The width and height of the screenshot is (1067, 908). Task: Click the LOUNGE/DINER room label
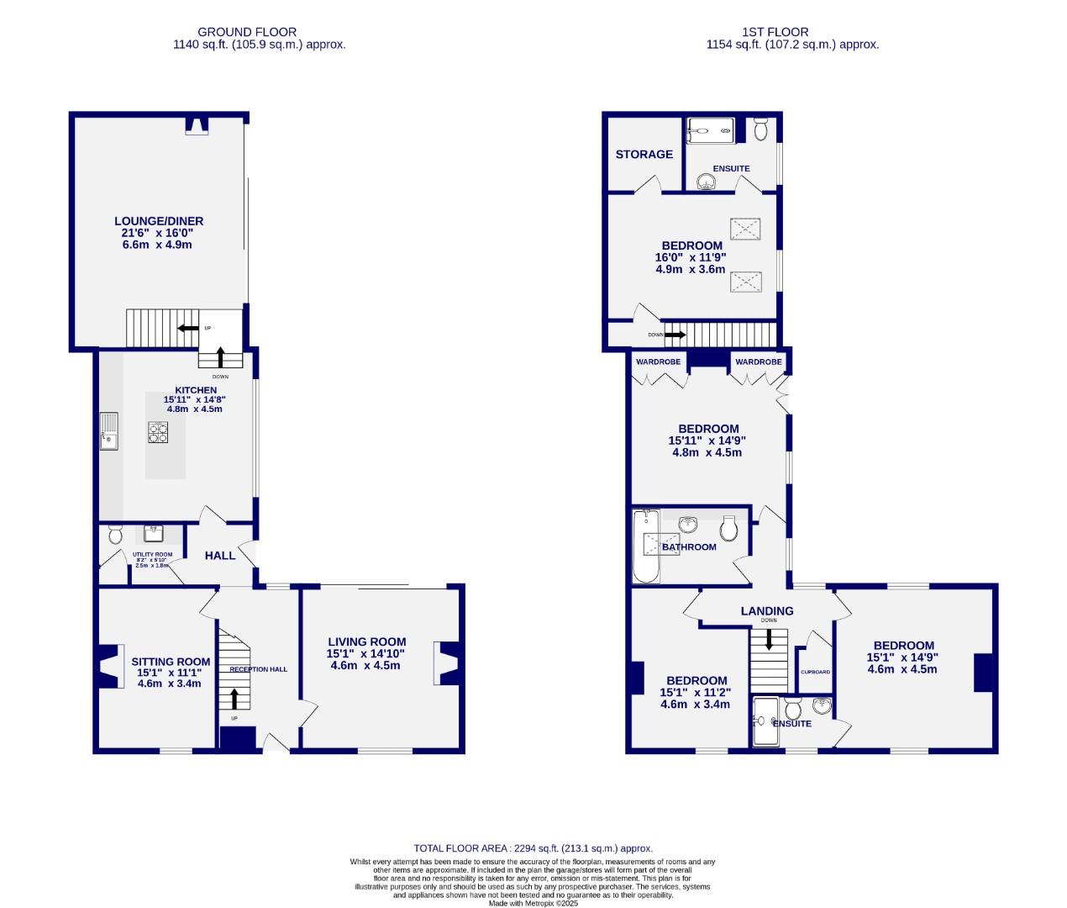(x=159, y=221)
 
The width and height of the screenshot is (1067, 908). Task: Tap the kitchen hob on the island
(x=159, y=432)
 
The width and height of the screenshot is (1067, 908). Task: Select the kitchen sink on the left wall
(x=109, y=430)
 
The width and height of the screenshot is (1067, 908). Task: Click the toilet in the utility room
(x=115, y=534)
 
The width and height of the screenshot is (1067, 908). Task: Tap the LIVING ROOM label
(x=366, y=641)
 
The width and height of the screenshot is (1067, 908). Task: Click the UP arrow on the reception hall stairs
(x=234, y=698)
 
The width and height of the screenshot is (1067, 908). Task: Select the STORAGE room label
(x=644, y=155)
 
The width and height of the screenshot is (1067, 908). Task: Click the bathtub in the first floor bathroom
(x=646, y=546)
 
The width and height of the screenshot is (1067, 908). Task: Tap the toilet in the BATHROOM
(x=729, y=529)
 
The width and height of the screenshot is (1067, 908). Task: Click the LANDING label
(x=766, y=611)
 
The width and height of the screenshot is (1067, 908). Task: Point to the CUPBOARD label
(x=815, y=672)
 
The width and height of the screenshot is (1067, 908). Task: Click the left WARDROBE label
(x=658, y=362)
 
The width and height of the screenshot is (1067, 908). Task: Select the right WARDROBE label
(x=758, y=362)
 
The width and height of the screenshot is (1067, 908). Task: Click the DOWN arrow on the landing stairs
(x=769, y=639)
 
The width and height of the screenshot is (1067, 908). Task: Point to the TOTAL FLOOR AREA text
(x=533, y=848)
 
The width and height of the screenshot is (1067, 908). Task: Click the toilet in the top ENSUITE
(x=760, y=130)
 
